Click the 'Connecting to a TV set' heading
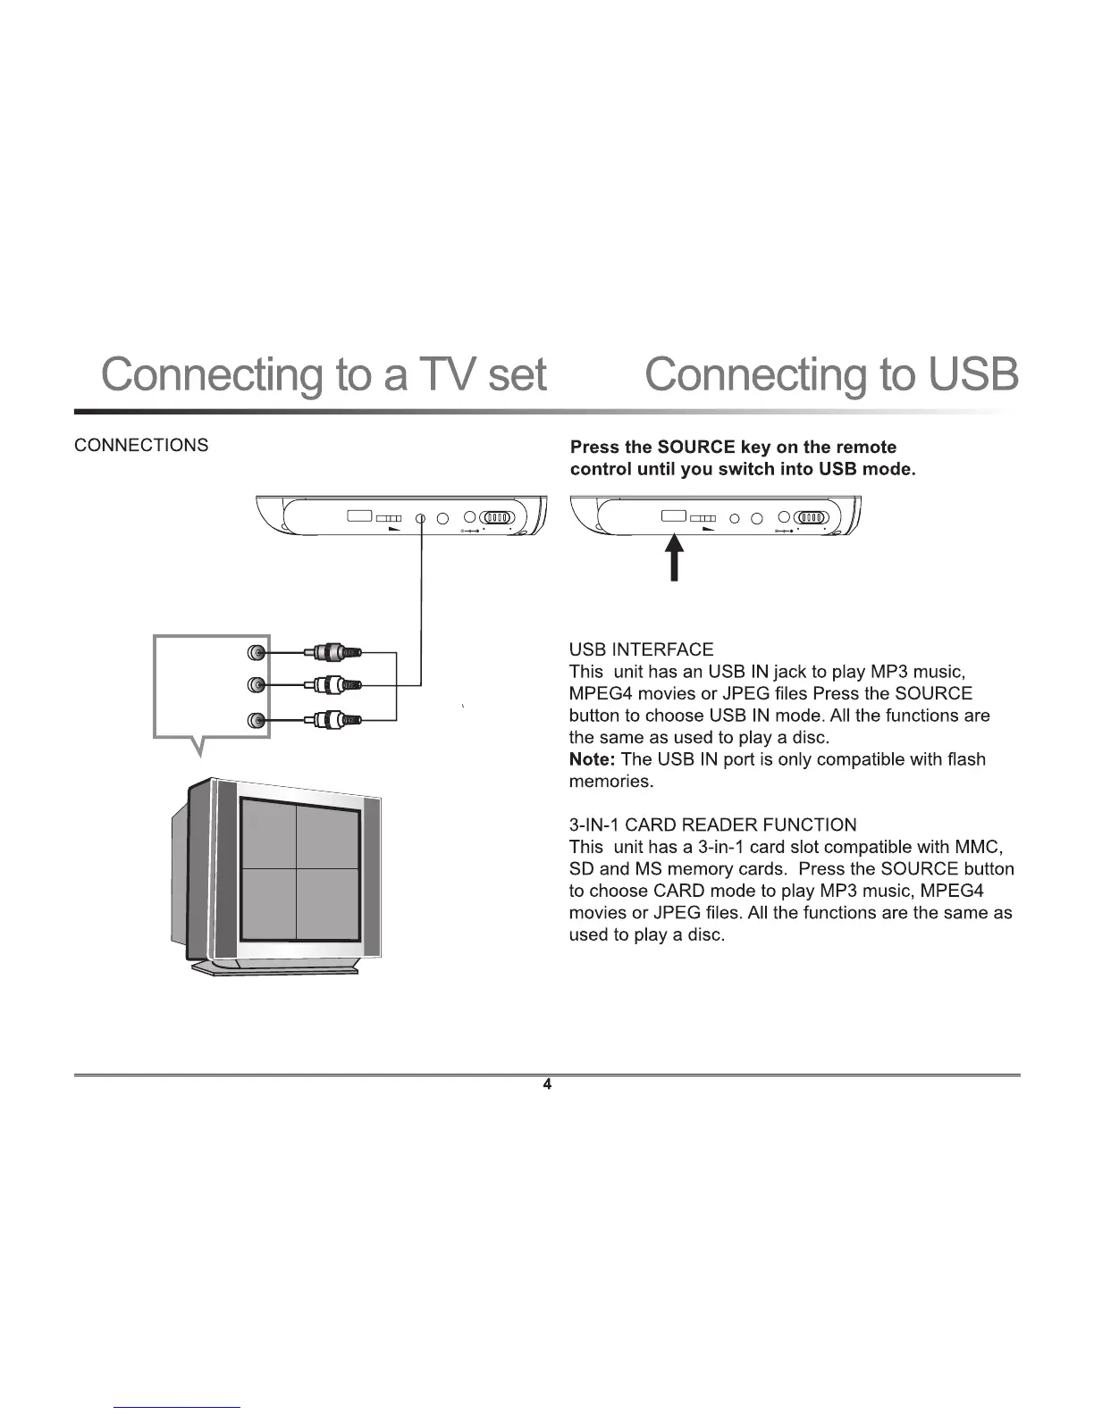pos(324,375)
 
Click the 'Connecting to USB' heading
pos(830,375)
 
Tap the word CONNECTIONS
pos(141,445)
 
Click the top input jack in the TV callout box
pos(257,653)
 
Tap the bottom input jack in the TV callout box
pos(257,720)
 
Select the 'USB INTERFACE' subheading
pos(641,649)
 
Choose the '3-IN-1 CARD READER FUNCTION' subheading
pos(712,825)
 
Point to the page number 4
pos(547,1084)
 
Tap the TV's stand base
pos(277,968)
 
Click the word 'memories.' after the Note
pos(610,782)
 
